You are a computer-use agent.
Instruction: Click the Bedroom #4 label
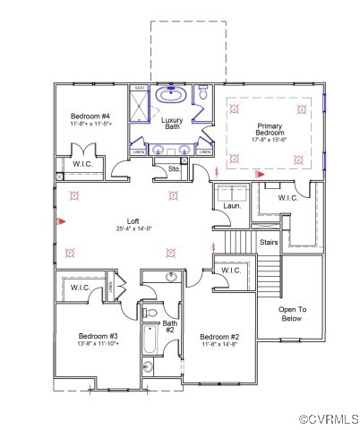[x=90, y=116]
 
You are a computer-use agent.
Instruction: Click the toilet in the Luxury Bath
[x=203, y=92]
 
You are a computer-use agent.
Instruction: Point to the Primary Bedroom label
[x=270, y=130]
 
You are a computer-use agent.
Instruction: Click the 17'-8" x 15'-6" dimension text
[x=270, y=139]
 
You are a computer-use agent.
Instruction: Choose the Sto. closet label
[x=176, y=168]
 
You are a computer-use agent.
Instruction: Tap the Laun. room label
[x=229, y=206]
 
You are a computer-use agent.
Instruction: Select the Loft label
[x=133, y=219]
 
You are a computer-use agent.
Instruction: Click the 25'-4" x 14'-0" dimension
[x=133, y=228]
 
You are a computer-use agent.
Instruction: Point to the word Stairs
[x=268, y=242]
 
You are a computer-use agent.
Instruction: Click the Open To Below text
[x=293, y=314]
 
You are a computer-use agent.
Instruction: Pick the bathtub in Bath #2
[x=150, y=340]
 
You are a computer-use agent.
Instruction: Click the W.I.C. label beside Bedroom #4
[x=71, y=165]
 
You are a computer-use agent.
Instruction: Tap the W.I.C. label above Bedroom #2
[x=231, y=270]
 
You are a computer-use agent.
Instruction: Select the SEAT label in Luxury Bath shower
[x=140, y=88]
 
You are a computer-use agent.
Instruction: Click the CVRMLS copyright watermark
[x=328, y=419]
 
